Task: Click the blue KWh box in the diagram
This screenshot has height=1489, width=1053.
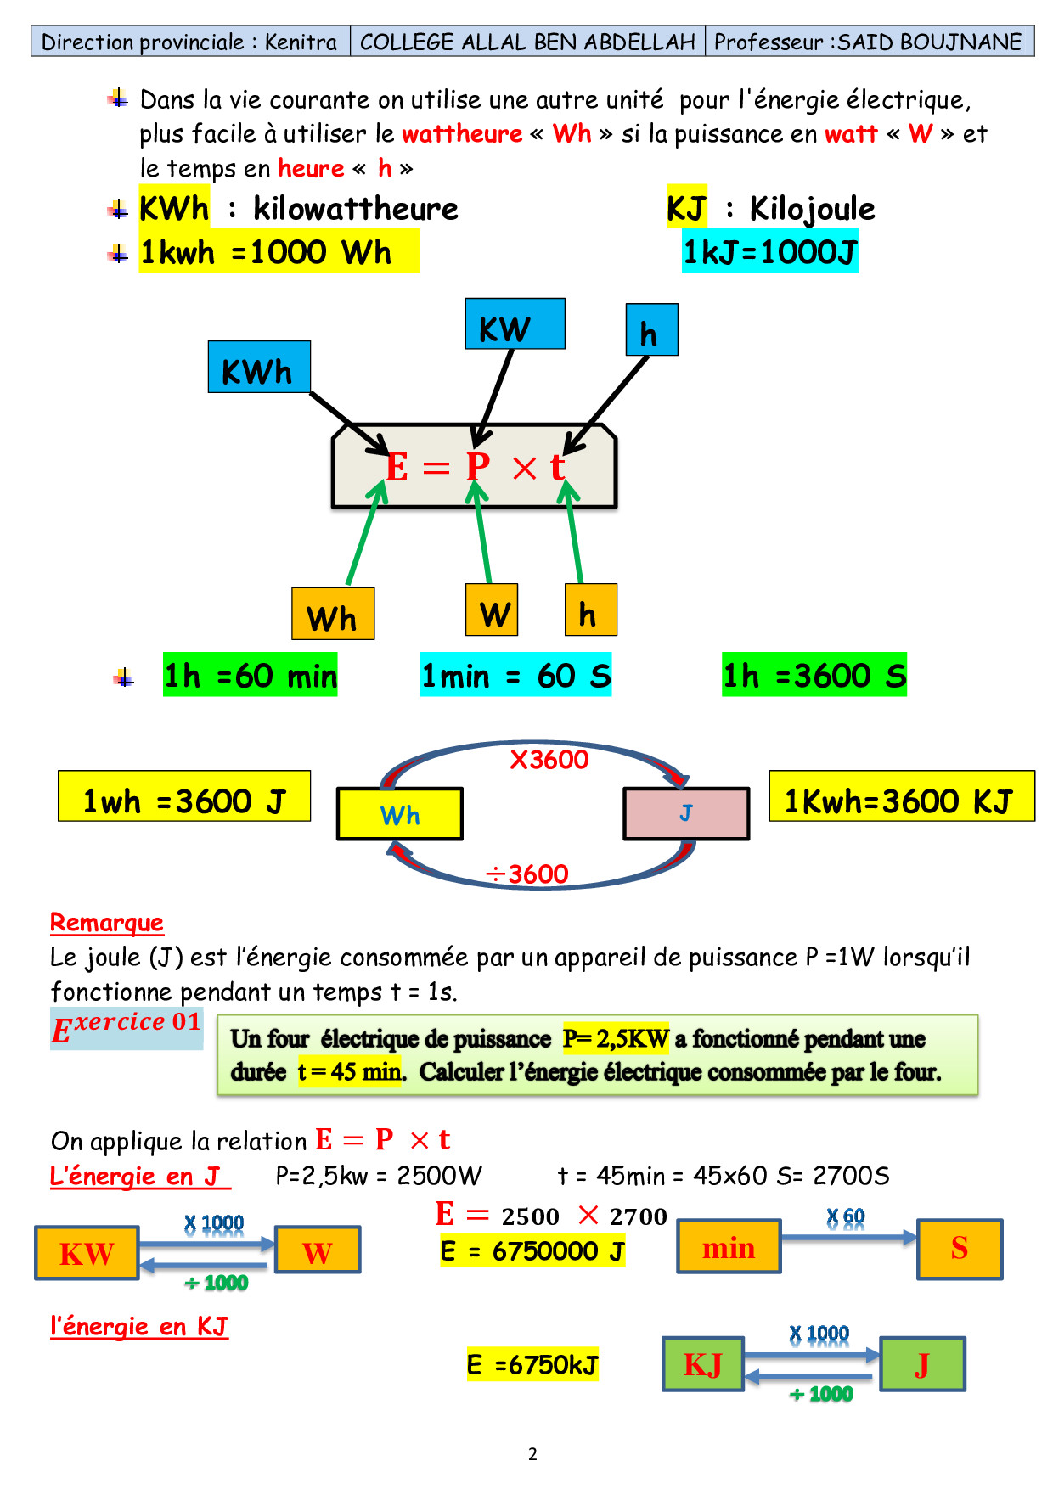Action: [259, 367]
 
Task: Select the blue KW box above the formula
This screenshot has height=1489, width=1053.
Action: [515, 324]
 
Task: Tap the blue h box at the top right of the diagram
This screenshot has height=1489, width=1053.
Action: [651, 329]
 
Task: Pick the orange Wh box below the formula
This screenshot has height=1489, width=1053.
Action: [333, 614]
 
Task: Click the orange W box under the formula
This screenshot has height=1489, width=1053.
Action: [492, 610]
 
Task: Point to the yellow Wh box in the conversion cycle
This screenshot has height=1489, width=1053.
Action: [400, 814]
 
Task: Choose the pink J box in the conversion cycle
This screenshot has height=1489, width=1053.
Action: [686, 813]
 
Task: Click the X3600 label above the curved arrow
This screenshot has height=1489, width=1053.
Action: [549, 759]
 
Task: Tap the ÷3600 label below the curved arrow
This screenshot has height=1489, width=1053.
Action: [526, 874]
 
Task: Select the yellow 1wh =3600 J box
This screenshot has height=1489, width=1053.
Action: [184, 796]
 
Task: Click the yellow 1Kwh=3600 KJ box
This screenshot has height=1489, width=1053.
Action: [901, 796]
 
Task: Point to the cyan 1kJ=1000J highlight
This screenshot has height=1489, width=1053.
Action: [770, 251]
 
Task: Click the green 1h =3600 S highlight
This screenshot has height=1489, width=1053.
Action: [814, 675]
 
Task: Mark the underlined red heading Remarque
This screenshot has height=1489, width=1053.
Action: [107, 922]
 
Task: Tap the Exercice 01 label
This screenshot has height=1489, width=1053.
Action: [127, 1027]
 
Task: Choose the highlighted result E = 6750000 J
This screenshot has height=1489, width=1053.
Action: [532, 1251]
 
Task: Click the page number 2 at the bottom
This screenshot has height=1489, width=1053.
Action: [532, 1454]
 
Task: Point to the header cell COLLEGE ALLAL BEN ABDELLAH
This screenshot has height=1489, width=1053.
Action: [527, 42]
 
